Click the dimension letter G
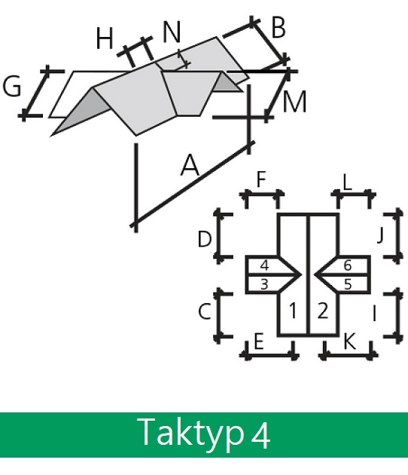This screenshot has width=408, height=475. click(12, 86)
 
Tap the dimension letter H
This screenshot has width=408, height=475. click(105, 38)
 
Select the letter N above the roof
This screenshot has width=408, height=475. click(172, 32)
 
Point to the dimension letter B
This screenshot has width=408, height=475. click(279, 28)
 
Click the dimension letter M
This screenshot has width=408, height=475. click(294, 102)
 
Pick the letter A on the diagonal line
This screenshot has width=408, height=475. click(190, 165)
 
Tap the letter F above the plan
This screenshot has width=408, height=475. click(261, 179)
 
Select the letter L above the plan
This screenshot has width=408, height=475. click(348, 182)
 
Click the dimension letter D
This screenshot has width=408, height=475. click(205, 239)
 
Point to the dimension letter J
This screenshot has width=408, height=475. click(381, 236)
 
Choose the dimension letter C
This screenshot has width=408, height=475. click(205, 311)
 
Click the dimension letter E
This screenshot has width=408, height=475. click(259, 342)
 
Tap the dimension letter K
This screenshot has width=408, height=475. click(349, 342)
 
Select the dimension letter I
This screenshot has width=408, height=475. click(374, 313)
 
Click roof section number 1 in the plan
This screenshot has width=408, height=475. click(293, 311)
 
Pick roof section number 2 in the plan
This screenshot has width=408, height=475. click(323, 311)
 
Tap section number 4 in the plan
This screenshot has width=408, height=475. click(264, 265)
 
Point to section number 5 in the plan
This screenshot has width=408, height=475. click(348, 284)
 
